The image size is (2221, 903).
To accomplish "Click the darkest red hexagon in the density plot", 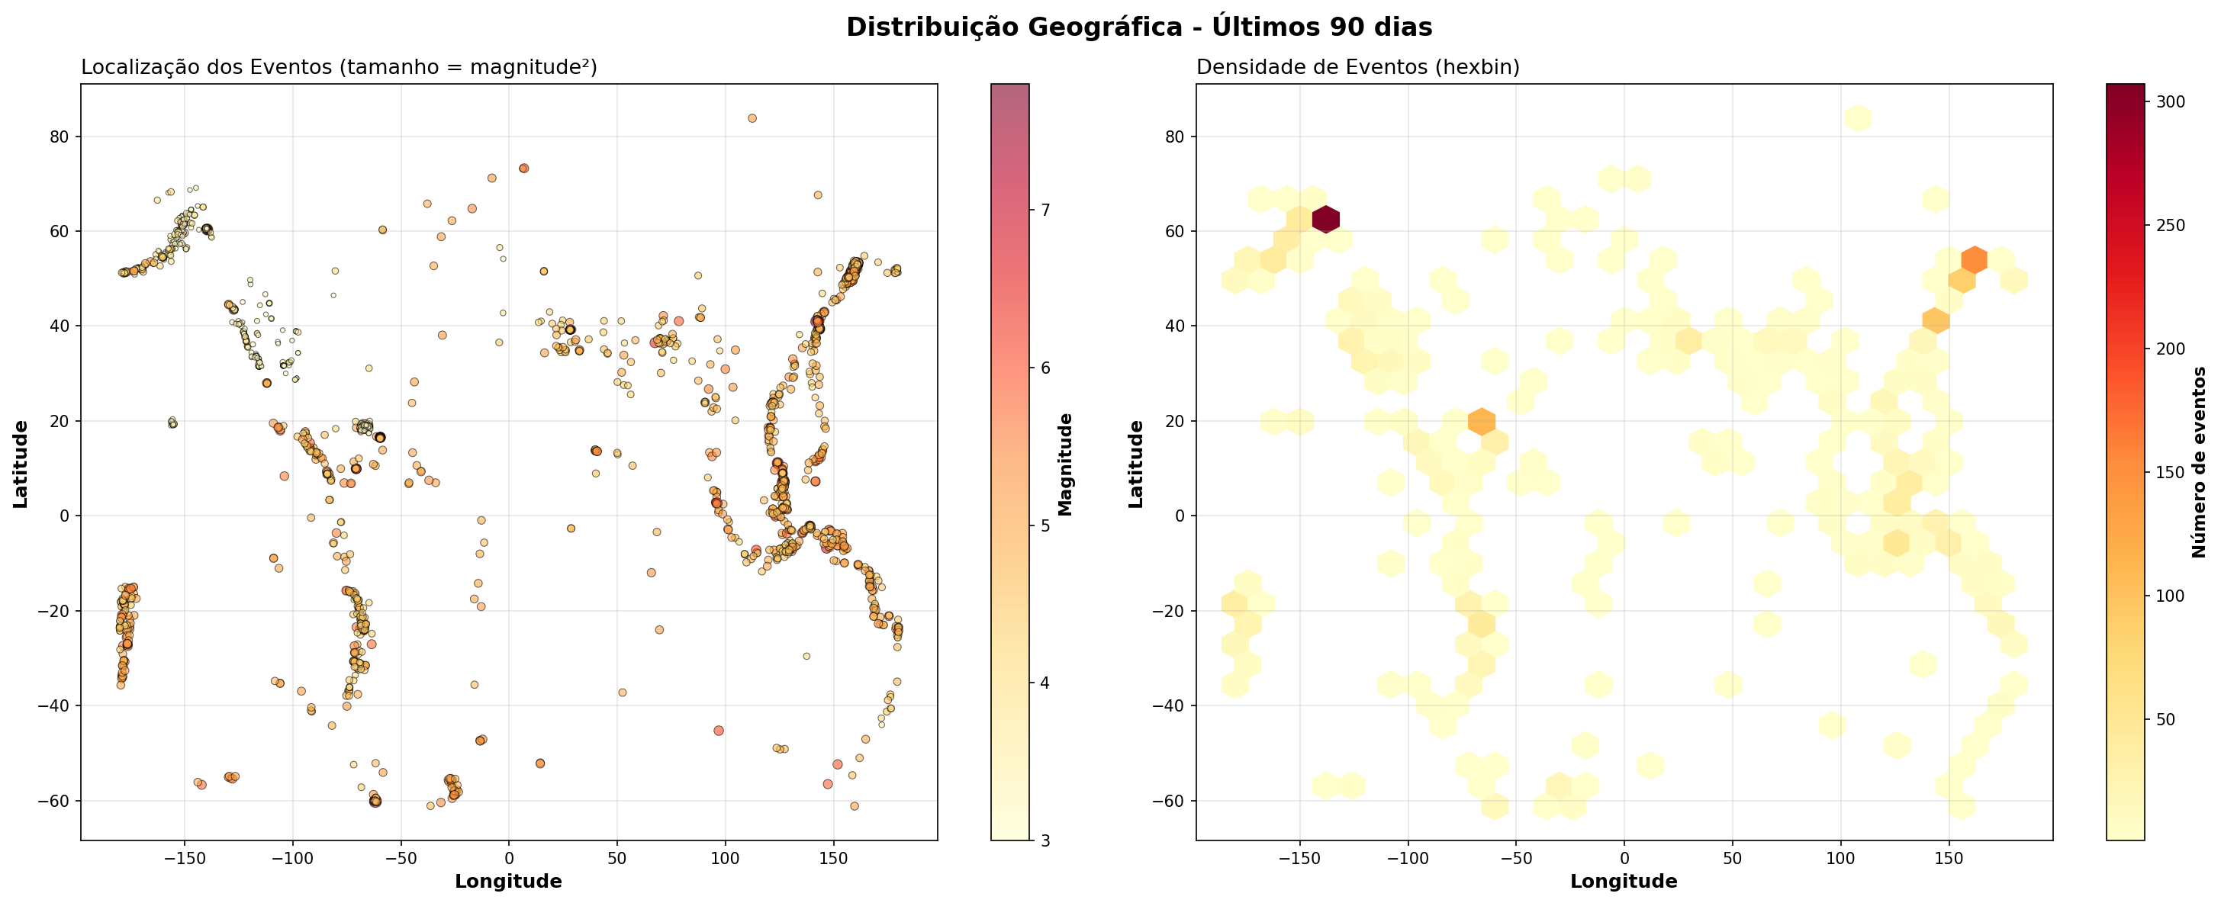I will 1326,220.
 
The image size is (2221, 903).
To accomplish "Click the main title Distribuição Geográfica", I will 1138,27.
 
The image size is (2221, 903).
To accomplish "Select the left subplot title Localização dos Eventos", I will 339,67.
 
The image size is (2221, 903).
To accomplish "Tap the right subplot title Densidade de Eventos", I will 1357,67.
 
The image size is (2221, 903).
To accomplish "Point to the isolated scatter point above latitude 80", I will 752,118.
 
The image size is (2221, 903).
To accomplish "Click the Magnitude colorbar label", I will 1066,464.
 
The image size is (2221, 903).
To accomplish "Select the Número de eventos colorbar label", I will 2199,462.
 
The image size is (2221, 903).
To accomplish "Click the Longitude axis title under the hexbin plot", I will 1624,882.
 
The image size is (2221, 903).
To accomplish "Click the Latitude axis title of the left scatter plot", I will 21,464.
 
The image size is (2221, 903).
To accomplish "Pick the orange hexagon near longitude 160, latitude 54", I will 1974,259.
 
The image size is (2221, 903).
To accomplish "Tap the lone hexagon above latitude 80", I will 1858,118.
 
